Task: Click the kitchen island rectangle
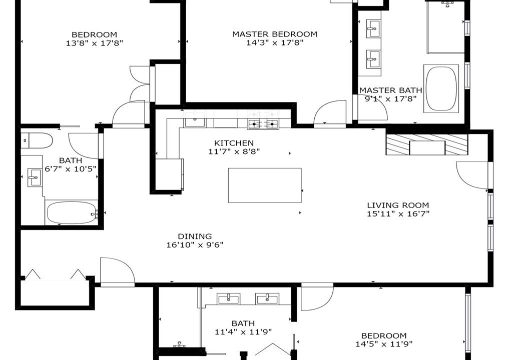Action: click(x=265, y=185)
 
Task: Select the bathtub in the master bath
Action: click(x=441, y=88)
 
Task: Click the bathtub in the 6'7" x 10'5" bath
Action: click(x=72, y=212)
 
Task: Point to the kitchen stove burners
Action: click(x=263, y=124)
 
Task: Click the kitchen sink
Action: click(x=195, y=122)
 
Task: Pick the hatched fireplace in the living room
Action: click(x=427, y=144)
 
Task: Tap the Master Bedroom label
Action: click(x=275, y=34)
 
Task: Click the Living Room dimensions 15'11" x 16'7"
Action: click(x=398, y=213)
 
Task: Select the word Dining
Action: click(x=195, y=236)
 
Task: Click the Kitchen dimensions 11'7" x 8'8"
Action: click(x=234, y=151)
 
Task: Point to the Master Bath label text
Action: click(x=391, y=90)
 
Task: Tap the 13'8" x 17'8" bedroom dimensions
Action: click(x=95, y=42)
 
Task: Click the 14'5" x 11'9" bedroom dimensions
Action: click(x=384, y=344)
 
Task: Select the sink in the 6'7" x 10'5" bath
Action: click(x=35, y=177)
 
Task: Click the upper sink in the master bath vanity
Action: click(x=373, y=29)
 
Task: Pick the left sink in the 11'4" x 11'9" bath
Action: click(x=229, y=298)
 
